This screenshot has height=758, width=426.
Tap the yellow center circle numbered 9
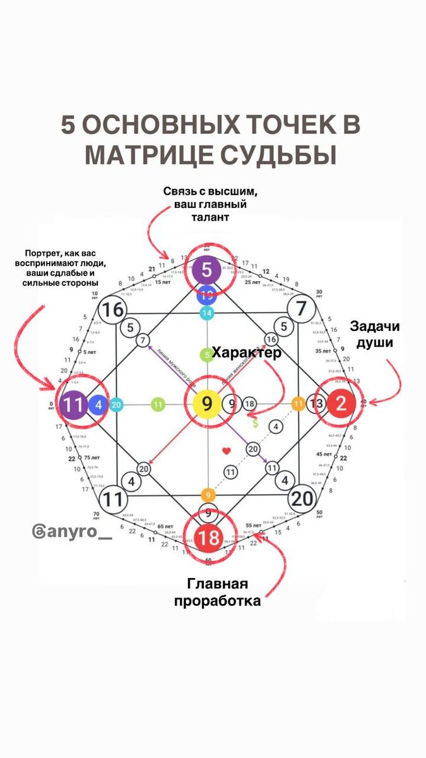(x=207, y=404)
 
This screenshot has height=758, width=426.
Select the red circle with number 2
(x=341, y=404)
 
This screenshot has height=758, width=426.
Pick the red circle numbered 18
(x=208, y=538)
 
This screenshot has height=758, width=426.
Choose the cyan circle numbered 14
(x=207, y=312)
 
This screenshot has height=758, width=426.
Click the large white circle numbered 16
(x=114, y=310)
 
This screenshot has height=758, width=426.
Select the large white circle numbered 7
(x=301, y=310)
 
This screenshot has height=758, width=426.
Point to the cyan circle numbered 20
(x=116, y=405)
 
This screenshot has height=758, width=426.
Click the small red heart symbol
(x=227, y=451)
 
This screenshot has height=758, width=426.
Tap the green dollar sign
(x=255, y=423)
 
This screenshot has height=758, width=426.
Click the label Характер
(x=246, y=352)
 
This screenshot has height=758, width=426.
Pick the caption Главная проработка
(x=216, y=592)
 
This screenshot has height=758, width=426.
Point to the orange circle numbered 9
(x=208, y=495)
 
